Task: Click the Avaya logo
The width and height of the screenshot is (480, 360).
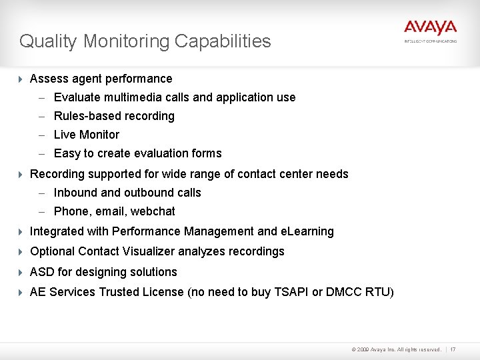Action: coord(430,29)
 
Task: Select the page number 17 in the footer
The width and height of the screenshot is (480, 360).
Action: coord(453,349)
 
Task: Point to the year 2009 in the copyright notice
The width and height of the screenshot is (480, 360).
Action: coord(363,349)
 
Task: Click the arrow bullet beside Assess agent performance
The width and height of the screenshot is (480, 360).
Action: coord(20,79)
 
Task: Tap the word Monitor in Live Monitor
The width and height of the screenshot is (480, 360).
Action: coord(99,135)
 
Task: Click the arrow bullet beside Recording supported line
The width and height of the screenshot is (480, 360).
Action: coord(20,174)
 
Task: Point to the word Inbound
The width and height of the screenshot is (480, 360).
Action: coord(75,193)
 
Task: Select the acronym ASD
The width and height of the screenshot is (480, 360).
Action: coord(42,272)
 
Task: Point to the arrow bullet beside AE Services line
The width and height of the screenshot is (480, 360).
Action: coord(20,292)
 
